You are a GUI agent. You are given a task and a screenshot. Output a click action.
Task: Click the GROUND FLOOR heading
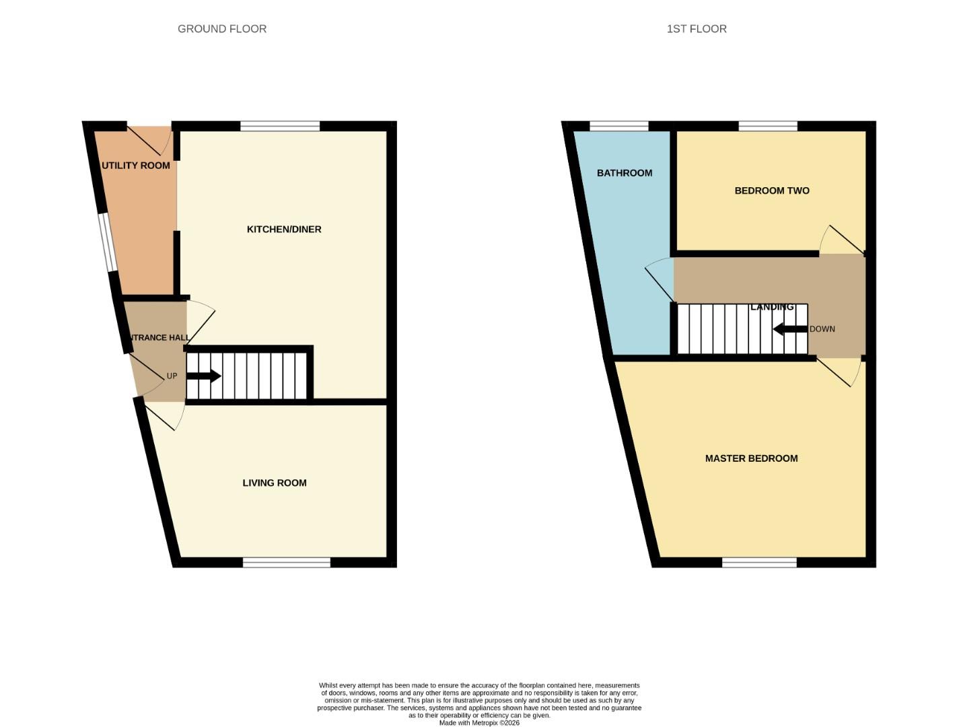tap(222, 29)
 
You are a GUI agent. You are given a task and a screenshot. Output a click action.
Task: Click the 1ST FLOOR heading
tap(697, 29)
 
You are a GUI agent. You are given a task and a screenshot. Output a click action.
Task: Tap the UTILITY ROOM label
tap(136, 166)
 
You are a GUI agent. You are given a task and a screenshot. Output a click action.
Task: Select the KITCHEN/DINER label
tap(284, 230)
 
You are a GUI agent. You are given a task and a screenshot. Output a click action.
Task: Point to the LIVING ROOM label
tap(275, 483)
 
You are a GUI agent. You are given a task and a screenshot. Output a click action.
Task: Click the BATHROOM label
tap(625, 173)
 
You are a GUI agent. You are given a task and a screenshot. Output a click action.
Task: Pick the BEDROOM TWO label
tap(772, 191)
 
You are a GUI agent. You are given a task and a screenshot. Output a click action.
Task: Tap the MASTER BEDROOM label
tap(751, 458)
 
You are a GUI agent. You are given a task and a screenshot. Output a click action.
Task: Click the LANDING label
tap(772, 307)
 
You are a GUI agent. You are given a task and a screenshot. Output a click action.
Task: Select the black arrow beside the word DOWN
tap(789, 329)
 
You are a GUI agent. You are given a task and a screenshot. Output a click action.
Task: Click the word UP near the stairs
tap(172, 376)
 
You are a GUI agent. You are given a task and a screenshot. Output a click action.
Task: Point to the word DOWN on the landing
tap(822, 329)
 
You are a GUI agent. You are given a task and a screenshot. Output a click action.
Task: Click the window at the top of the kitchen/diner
tap(280, 126)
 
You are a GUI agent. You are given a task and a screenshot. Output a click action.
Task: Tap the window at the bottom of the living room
tap(287, 563)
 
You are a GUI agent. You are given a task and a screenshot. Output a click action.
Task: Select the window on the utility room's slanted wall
tap(108, 243)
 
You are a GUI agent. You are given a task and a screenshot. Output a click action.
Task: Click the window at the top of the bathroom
tap(619, 126)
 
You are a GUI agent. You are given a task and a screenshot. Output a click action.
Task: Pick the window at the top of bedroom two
tap(768, 126)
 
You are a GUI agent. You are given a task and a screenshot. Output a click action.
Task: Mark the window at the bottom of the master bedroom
tap(760, 563)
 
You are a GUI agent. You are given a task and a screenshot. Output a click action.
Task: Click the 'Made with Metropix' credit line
tap(479, 723)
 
